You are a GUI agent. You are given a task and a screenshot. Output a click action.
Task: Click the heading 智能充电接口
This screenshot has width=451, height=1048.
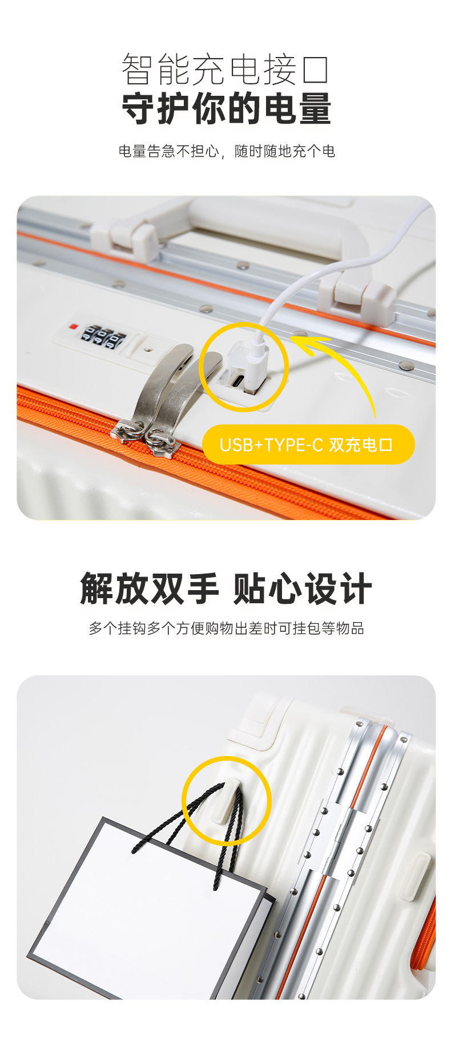click(x=226, y=70)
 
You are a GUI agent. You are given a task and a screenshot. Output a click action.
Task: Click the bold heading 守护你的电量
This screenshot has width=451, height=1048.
click(x=227, y=108)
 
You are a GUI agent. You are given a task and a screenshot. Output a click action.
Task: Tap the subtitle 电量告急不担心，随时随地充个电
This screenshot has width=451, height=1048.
click(x=227, y=151)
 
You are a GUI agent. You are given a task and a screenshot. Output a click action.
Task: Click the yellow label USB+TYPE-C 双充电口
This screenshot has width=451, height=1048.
click(x=308, y=444)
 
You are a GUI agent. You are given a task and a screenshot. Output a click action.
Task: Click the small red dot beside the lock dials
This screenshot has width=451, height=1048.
click(x=73, y=327)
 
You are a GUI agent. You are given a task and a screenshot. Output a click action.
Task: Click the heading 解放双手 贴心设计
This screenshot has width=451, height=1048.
click(x=226, y=588)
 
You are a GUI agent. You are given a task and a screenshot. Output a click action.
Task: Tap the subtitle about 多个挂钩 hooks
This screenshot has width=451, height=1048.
click(x=226, y=628)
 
